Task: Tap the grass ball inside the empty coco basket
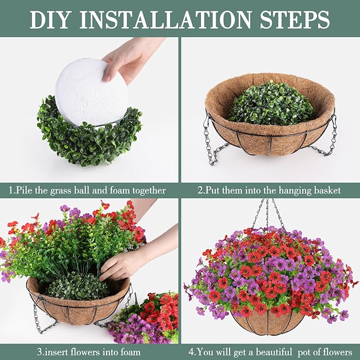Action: (271, 103)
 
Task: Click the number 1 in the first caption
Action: (11, 190)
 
